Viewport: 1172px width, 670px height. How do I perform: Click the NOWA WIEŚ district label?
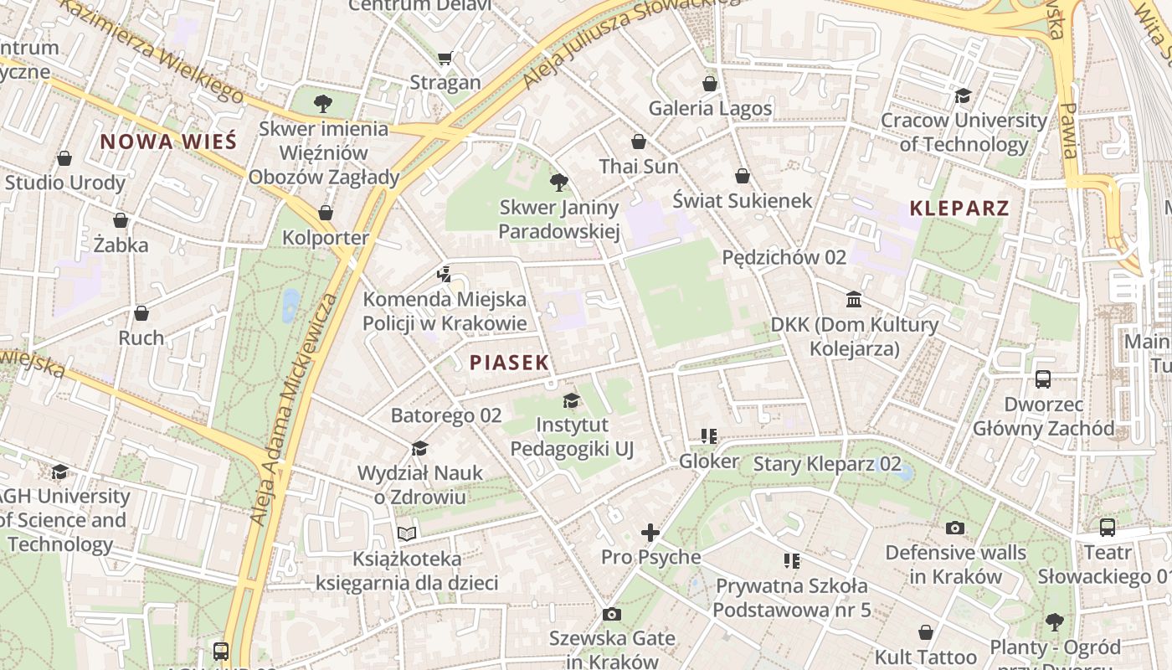click(x=168, y=142)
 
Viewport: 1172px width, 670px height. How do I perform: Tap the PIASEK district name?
click(x=509, y=363)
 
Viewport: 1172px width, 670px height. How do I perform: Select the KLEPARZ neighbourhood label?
click(x=959, y=209)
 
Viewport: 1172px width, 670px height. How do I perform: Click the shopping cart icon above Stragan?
click(x=445, y=58)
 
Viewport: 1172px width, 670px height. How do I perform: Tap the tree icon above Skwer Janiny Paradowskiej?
click(x=558, y=182)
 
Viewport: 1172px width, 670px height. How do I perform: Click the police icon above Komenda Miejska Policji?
click(x=445, y=273)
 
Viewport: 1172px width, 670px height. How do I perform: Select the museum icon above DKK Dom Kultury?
click(x=853, y=299)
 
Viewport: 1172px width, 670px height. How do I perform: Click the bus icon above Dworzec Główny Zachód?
click(x=1042, y=379)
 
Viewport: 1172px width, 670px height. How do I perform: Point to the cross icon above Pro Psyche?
click(x=650, y=532)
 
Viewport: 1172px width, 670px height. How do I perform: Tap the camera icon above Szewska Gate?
click(x=611, y=614)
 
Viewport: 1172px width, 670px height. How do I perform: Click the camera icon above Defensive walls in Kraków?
click(x=954, y=528)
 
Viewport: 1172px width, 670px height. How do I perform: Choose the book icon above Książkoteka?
click(x=407, y=533)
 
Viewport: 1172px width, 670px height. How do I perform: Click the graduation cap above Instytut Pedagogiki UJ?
click(x=571, y=400)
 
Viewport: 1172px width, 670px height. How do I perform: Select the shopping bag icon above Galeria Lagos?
click(x=709, y=84)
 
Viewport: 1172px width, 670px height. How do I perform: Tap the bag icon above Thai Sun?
click(x=639, y=142)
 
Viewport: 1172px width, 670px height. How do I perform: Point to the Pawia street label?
click(x=1068, y=130)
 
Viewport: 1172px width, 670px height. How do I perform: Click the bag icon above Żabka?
click(x=121, y=220)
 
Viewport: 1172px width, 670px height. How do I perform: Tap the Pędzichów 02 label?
click(x=784, y=257)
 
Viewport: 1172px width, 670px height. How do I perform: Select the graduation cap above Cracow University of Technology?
click(x=963, y=95)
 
